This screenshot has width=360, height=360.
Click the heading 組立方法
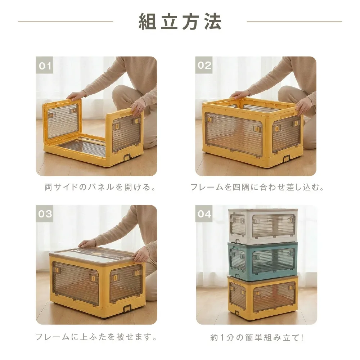tap(180, 22)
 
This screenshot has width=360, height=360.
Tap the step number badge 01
tap(45, 66)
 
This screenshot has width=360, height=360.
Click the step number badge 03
tap(45, 214)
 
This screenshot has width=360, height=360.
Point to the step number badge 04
tap(204, 214)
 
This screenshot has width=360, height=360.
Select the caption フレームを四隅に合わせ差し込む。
tap(257, 188)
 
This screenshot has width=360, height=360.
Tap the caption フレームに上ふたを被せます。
tap(96, 337)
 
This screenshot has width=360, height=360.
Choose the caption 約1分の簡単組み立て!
tap(257, 338)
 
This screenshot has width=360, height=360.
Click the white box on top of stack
tap(263, 225)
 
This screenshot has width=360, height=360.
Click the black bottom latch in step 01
tap(126, 157)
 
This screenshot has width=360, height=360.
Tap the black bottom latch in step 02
tap(286, 159)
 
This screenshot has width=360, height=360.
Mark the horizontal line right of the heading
tap(294, 22)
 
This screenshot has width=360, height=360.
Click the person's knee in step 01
tap(122, 95)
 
